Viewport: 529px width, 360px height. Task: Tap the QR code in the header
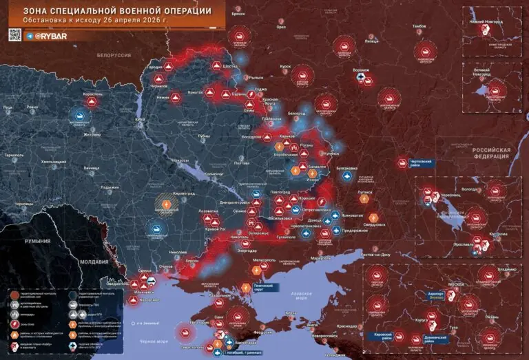coord(14,34)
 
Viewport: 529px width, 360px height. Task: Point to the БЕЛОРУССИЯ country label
coord(114,54)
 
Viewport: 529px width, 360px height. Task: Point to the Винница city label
coord(91,168)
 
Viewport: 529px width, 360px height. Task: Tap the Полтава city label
coord(241,163)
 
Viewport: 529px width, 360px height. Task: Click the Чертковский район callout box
coord(415,162)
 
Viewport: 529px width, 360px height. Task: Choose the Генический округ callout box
coord(264,288)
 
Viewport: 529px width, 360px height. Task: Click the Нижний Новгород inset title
coord(487,21)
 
